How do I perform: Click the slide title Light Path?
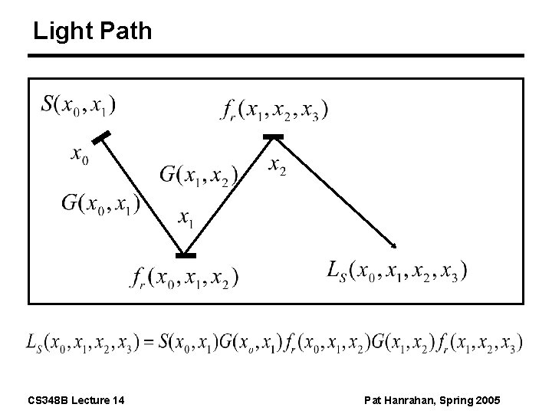93,31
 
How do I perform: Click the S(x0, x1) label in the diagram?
79,104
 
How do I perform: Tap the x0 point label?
80,156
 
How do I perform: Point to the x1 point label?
186,219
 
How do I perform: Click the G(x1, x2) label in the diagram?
199,176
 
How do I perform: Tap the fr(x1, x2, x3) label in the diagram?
274,111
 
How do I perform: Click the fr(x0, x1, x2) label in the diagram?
183,276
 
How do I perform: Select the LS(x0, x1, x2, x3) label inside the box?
396,271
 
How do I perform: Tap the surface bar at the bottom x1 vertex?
185,255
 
